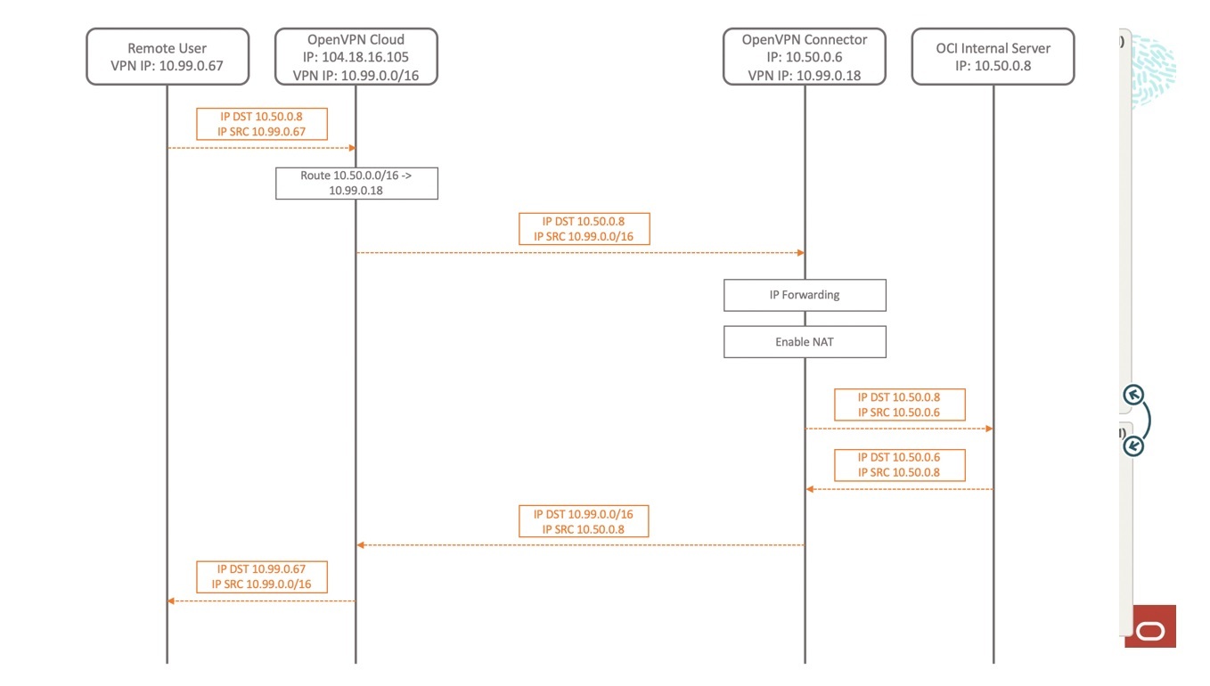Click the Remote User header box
point(167,57)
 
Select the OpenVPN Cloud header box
point(356,57)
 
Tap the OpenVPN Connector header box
point(804,57)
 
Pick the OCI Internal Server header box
point(993,57)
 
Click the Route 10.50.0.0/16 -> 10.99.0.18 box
point(356,183)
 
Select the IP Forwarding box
point(805,295)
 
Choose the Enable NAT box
point(805,342)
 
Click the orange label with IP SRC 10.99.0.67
point(261,124)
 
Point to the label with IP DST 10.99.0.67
point(261,576)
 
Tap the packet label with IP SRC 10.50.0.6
point(899,404)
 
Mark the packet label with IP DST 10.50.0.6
point(899,465)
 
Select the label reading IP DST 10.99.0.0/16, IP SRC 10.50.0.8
point(584,521)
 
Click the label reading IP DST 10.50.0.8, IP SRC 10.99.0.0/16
point(584,229)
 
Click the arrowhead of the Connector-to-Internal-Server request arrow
point(988,429)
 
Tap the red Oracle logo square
point(1150,626)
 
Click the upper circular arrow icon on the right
point(1133,395)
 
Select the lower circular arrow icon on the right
point(1133,445)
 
